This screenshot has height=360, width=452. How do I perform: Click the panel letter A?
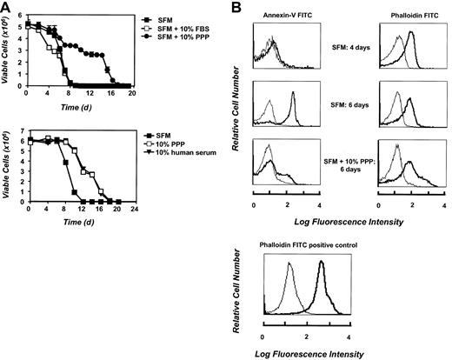(6, 7)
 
